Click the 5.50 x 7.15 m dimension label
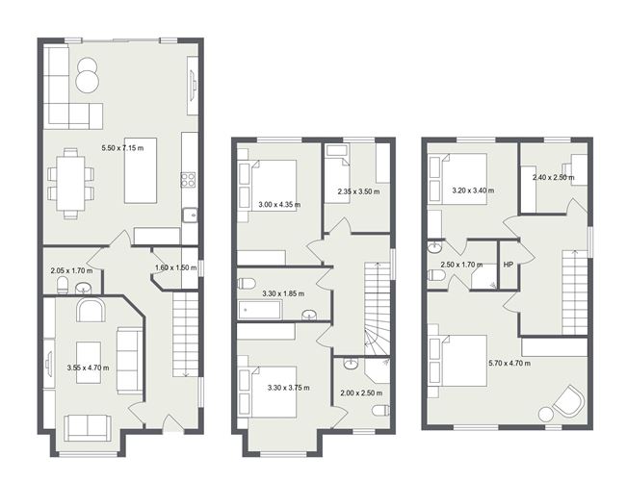tap(123, 148)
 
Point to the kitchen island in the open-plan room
tap(146, 184)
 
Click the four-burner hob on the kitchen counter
tap(189, 179)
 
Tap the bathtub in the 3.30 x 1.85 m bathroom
tap(260, 310)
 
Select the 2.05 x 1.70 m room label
tap(71, 270)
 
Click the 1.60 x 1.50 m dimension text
tap(175, 268)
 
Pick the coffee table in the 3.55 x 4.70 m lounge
tap(89, 363)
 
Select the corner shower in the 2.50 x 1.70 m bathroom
tap(482, 277)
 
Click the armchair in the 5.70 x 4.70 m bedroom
tap(567, 402)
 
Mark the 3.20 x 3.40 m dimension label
tap(473, 190)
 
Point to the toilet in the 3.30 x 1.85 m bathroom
tap(247, 283)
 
